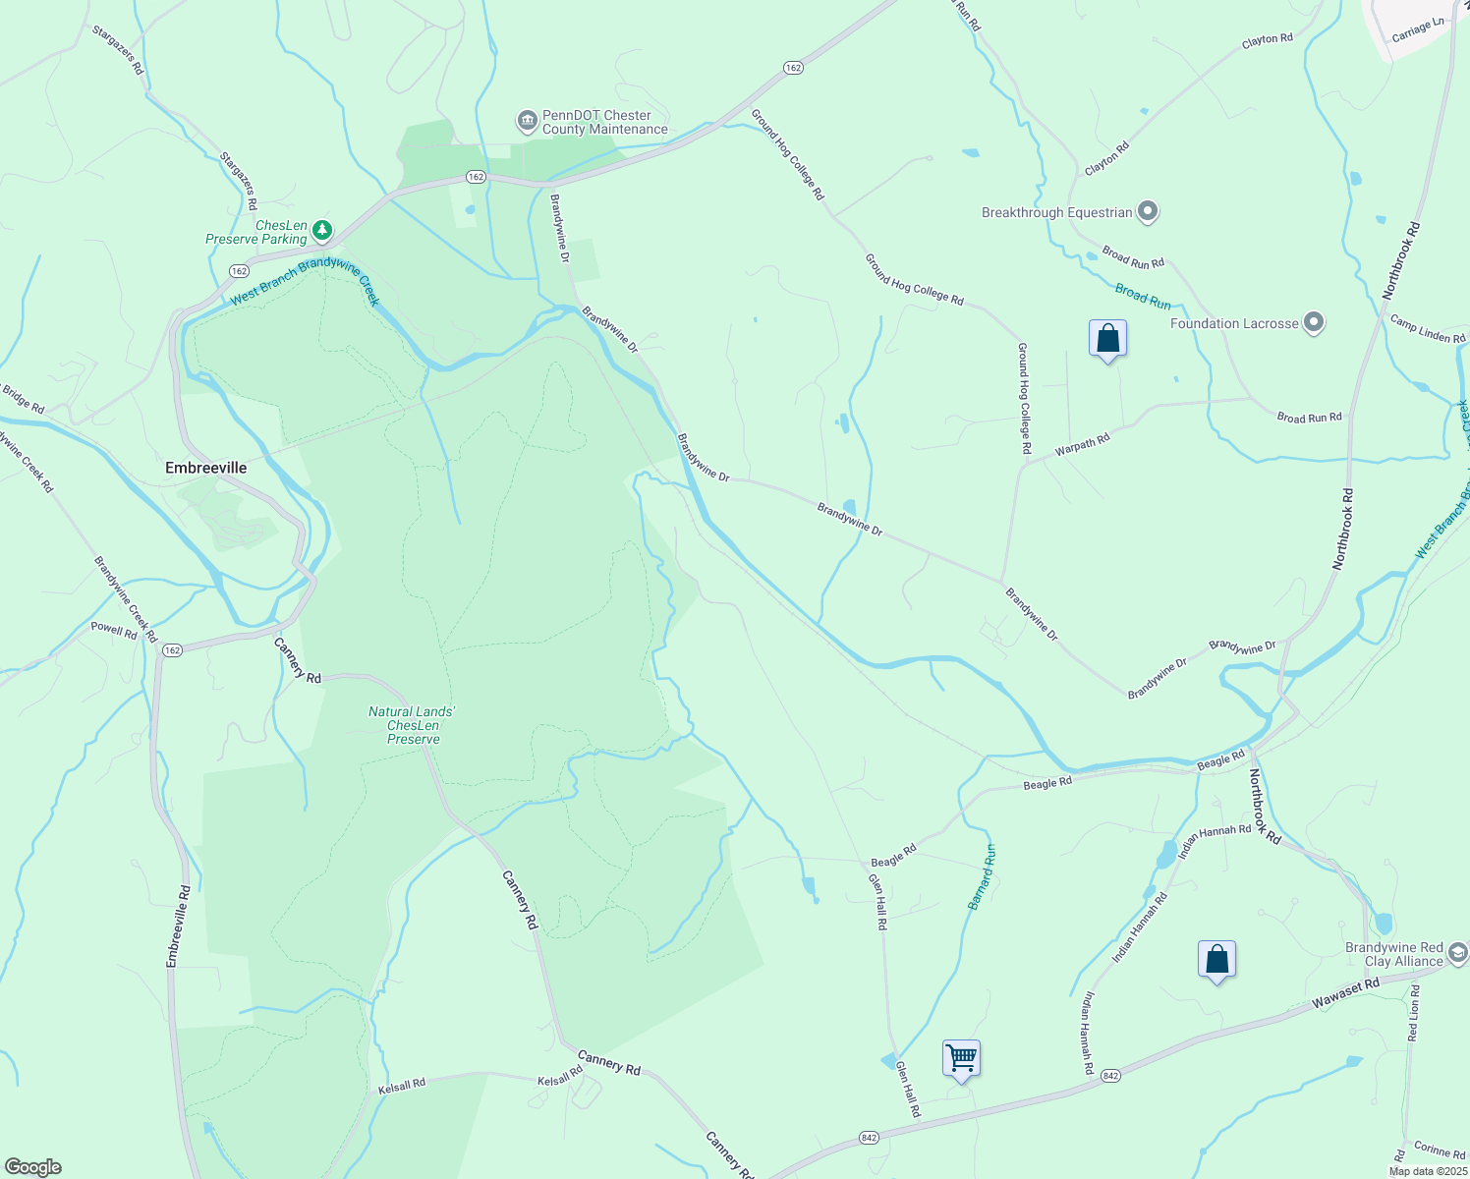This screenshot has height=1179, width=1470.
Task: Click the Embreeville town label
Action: (x=205, y=468)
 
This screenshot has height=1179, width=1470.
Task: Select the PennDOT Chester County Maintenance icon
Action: (x=527, y=122)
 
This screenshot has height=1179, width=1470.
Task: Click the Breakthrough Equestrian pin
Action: (x=1148, y=211)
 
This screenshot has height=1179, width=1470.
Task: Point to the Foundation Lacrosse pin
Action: (x=1315, y=322)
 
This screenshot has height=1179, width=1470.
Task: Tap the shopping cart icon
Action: (x=961, y=1059)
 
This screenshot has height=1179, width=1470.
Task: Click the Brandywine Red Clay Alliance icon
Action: (x=1457, y=953)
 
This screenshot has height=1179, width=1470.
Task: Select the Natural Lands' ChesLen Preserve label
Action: (x=413, y=725)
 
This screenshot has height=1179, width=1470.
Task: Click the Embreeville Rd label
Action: (x=179, y=926)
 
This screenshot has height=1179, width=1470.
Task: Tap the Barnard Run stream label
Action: (x=982, y=876)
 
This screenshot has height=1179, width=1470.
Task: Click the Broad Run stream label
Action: (x=1143, y=296)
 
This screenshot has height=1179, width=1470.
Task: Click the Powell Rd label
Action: (x=114, y=630)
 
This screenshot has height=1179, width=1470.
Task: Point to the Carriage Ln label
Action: (x=1418, y=30)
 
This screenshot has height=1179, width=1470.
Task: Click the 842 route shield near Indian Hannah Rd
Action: (x=1110, y=1076)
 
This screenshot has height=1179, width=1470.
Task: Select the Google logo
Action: (x=32, y=1167)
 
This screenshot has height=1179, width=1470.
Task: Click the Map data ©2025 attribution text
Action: (x=1428, y=1171)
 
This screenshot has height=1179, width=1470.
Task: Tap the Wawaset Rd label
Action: (x=1345, y=993)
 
